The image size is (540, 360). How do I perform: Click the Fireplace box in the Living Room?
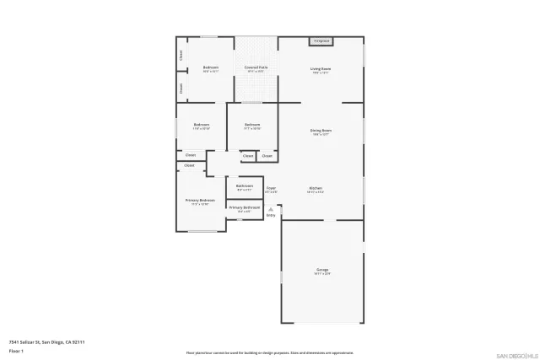(321, 40)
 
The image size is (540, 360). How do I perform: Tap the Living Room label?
(321, 68)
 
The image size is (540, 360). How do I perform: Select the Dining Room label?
(321, 130)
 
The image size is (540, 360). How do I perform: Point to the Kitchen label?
(316, 187)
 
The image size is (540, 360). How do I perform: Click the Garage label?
(321, 269)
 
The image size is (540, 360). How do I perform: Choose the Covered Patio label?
(256, 67)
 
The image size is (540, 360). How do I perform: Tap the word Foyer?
(271, 187)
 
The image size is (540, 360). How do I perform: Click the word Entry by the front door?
(271, 216)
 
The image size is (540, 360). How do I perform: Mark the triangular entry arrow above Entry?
(271, 209)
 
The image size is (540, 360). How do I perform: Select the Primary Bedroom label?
(201, 200)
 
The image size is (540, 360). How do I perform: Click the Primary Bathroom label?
(245, 207)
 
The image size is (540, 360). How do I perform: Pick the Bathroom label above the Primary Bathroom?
(245, 185)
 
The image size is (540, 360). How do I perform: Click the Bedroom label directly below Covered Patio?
(251, 124)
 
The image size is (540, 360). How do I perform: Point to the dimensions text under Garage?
(321, 274)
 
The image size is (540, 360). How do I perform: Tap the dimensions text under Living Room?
(321, 73)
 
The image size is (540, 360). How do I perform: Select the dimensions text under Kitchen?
(316, 192)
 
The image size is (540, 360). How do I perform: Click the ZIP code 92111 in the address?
(78, 341)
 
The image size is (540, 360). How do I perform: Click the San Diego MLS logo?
(516, 355)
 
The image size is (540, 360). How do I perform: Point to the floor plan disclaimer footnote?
(270, 352)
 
